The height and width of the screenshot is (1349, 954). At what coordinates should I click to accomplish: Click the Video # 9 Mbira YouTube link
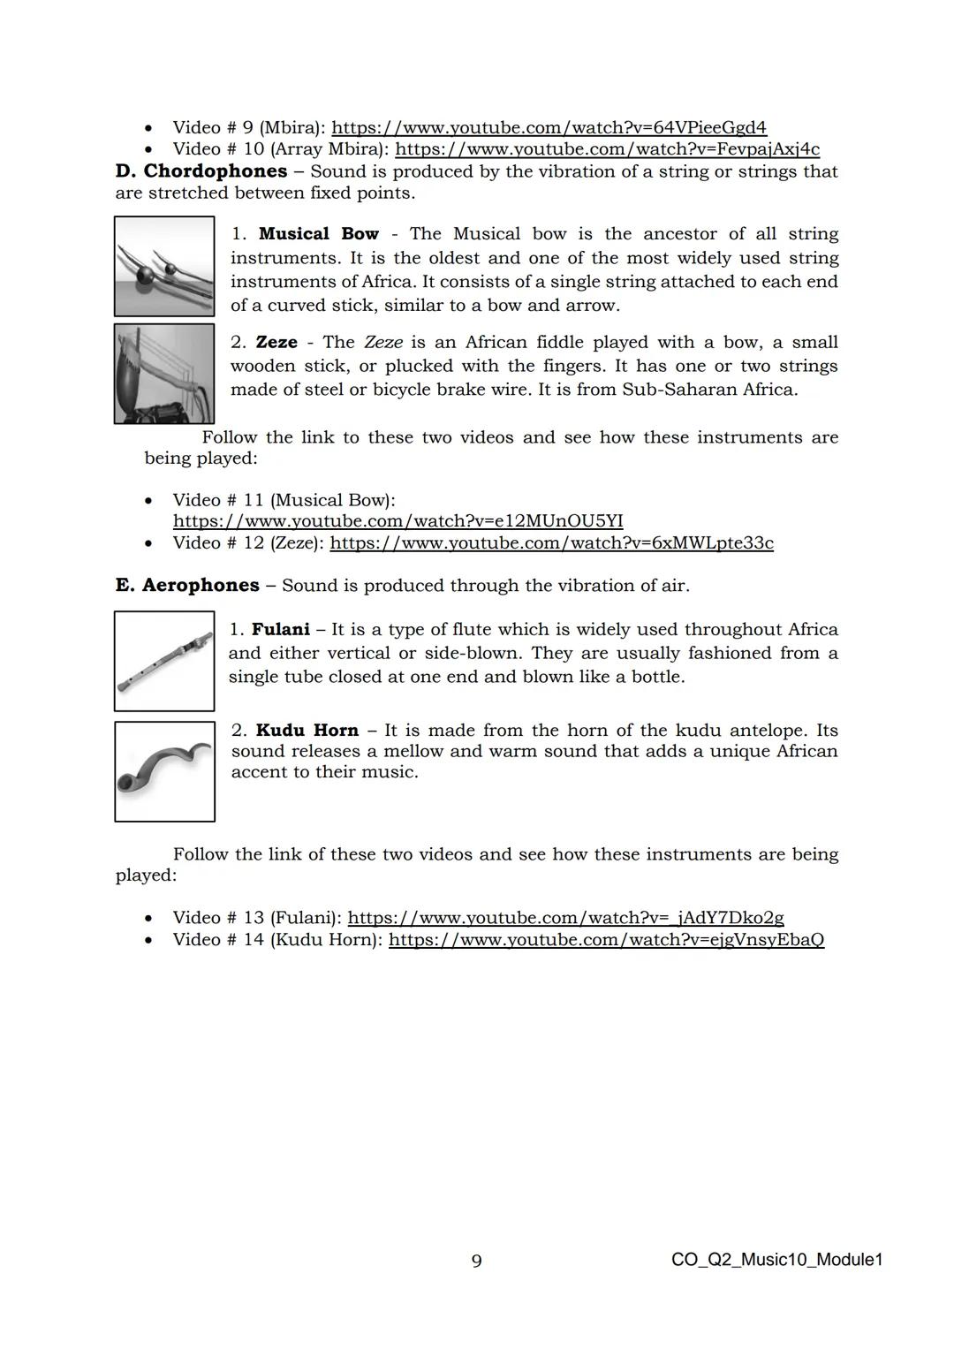549,127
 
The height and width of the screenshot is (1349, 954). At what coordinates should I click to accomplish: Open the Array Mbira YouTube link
607,149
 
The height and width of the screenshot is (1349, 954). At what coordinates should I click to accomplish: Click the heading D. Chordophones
201,171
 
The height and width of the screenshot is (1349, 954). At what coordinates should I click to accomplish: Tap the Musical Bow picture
164,267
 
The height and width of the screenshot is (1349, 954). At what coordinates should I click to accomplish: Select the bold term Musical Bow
318,234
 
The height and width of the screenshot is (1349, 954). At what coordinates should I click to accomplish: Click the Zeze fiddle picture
164,374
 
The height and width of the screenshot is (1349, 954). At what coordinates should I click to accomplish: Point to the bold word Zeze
276,343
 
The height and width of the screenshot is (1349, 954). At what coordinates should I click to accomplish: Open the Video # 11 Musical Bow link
397,521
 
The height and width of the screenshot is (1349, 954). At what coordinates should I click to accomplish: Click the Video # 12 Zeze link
551,543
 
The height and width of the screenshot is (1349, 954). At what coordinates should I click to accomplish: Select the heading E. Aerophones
187,586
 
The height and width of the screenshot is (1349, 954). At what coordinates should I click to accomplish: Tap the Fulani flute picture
164,661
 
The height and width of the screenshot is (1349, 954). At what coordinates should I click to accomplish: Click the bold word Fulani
281,630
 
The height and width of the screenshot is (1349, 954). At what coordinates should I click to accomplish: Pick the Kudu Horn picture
164,771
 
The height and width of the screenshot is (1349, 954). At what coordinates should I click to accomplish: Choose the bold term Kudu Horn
307,731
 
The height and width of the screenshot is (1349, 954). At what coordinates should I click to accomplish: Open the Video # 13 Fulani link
565,918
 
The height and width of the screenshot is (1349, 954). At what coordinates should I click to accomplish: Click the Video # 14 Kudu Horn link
606,940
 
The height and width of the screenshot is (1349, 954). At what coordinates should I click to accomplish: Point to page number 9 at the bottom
477,1261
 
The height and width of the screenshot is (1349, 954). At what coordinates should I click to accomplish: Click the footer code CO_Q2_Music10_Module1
776,1260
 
